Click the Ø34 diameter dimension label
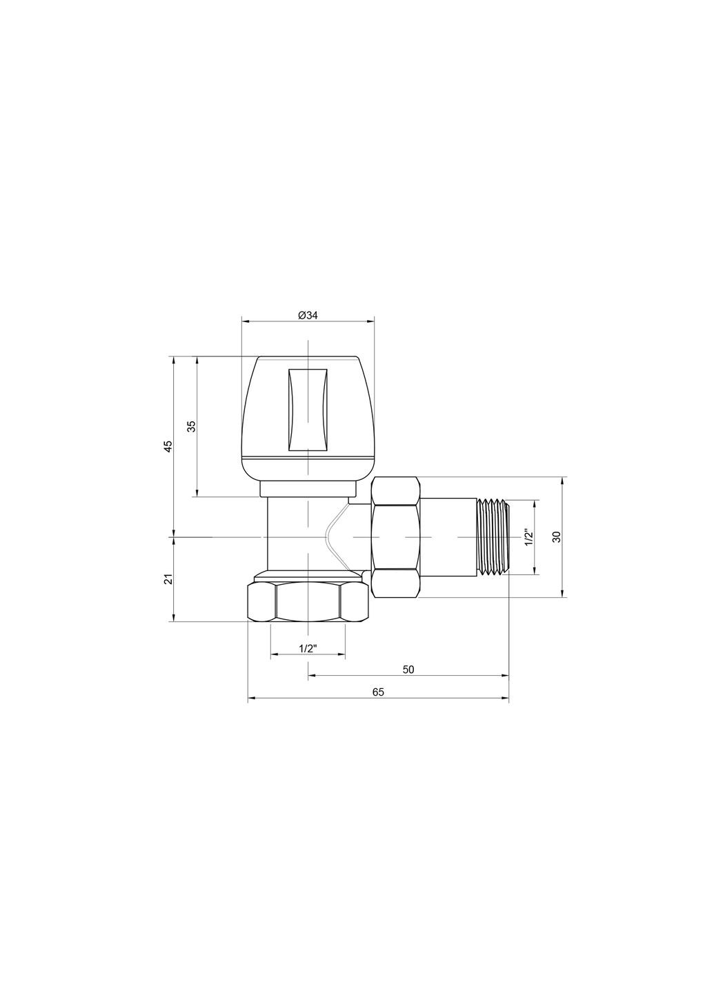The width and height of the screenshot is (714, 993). coord(308,315)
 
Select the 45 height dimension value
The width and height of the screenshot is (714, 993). coord(168,446)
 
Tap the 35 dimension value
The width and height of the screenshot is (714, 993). coord(192,426)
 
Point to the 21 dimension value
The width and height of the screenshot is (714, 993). coord(168,579)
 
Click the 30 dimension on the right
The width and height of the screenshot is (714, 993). coord(557,536)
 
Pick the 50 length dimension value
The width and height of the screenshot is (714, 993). coord(408,670)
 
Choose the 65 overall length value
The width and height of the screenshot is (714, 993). coord(377,692)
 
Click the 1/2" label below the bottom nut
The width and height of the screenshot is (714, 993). coord(307,649)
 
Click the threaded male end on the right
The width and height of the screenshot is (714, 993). coord(493,536)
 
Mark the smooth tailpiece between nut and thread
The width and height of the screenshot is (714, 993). coord(448,536)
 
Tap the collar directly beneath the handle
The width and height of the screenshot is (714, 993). coord(308,489)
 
